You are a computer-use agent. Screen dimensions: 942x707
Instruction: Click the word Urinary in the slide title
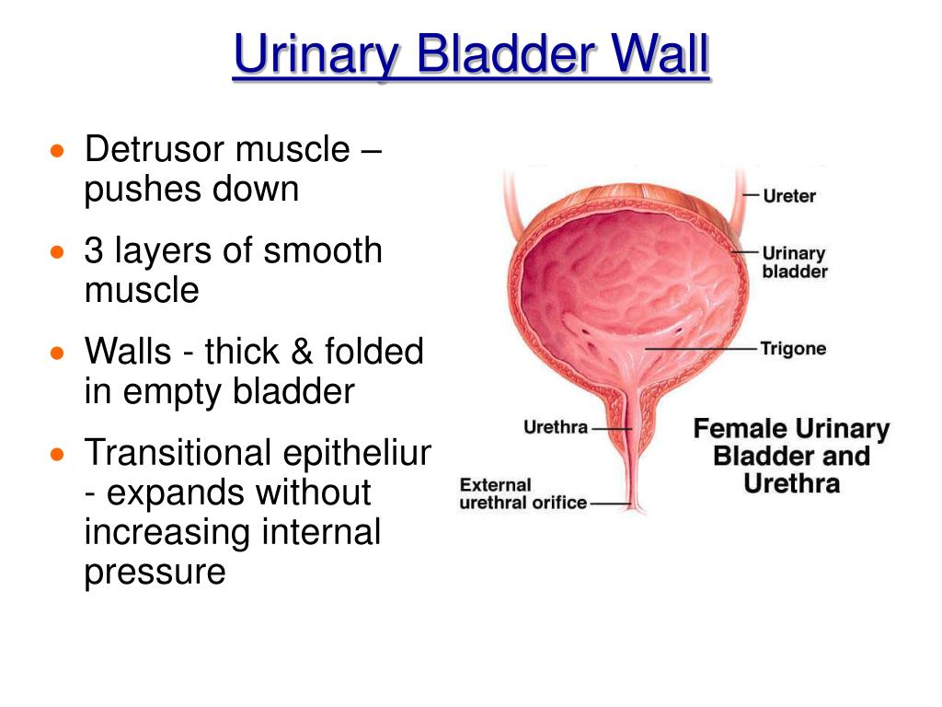pos(316,55)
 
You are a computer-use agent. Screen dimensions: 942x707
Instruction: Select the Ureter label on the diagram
pos(789,196)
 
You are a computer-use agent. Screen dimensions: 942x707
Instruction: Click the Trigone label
pos(793,349)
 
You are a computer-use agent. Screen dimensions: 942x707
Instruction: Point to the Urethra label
pos(556,427)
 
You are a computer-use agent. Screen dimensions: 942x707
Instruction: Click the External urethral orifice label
pos(523,493)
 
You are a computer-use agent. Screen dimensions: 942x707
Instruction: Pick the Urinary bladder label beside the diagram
pos(795,262)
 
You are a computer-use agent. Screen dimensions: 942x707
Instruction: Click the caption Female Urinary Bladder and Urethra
pos(791,456)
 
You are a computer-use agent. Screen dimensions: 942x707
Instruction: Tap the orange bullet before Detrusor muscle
pos(57,151)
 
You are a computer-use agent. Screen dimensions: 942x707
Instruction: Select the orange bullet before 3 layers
pos(57,252)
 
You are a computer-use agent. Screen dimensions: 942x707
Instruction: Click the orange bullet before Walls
pos(57,353)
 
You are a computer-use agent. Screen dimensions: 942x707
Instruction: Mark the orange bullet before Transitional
pos(57,454)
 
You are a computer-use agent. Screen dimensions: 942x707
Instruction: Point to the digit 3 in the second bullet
pos(94,250)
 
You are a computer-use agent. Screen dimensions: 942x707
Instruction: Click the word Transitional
pos(178,452)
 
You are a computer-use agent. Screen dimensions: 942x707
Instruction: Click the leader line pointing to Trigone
pos(700,349)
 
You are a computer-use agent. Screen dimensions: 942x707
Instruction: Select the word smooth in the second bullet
pos(323,250)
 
